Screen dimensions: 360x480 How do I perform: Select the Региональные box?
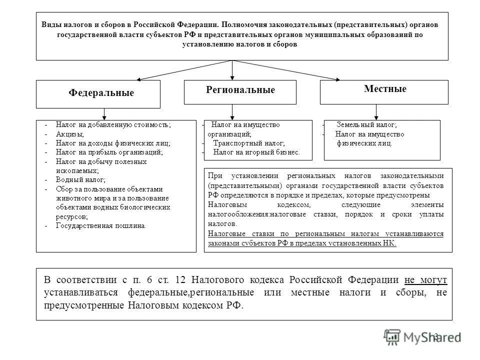coord(240,90)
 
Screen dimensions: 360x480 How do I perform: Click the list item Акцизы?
coord(70,134)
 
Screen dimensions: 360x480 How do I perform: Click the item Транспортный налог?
coord(243,143)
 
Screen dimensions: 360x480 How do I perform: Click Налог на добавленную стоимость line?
coord(113,125)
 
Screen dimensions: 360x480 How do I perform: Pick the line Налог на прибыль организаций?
coord(109,152)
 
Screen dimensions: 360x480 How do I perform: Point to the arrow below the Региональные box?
coord(232,112)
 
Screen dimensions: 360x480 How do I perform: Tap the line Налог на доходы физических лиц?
coord(113,143)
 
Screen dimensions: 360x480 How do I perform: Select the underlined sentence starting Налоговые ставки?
coord(325,238)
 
